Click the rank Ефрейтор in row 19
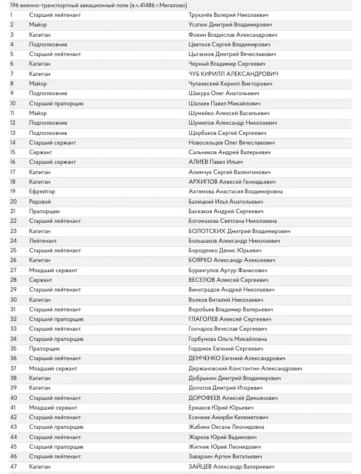point(42,192)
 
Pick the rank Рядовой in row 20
point(40,201)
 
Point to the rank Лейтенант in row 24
point(43,240)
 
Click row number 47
point(13,467)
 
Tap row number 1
point(11,15)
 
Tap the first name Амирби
point(224,417)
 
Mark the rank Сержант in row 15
point(40,152)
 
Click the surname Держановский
point(212,368)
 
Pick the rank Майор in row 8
point(38,84)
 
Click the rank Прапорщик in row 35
point(44,349)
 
